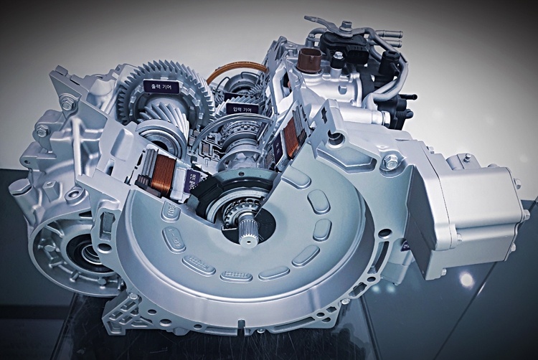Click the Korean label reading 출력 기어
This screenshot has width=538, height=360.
click(159, 86)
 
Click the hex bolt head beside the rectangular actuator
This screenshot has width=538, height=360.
click(390, 163)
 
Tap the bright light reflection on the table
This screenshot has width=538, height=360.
click(467, 279)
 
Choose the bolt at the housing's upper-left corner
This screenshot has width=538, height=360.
click(70, 104)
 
